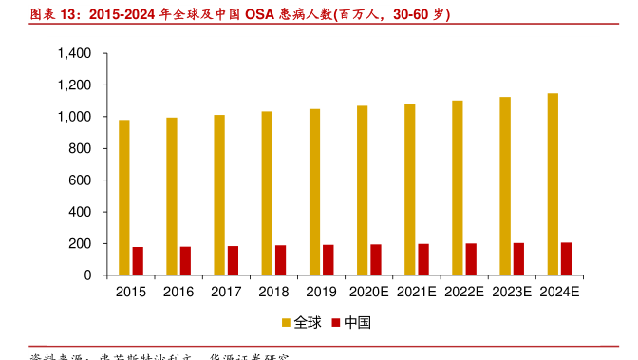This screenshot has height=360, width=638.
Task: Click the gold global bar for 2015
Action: (x=124, y=198)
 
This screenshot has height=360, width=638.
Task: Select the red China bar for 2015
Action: (x=138, y=261)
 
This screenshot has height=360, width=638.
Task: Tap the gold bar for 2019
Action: (x=314, y=192)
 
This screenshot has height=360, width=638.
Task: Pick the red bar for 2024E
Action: (x=566, y=258)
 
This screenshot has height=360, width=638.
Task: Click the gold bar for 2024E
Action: (x=553, y=184)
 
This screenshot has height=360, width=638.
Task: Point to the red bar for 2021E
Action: (x=423, y=259)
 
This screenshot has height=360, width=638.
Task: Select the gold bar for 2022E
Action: (x=458, y=188)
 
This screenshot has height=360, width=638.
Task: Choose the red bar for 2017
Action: (x=233, y=260)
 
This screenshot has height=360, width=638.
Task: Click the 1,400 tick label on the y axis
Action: (x=74, y=54)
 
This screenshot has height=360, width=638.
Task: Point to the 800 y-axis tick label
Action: (x=80, y=149)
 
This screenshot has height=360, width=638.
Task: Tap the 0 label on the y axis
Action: (x=87, y=275)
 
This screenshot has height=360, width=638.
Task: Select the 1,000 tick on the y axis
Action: (x=74, y=117)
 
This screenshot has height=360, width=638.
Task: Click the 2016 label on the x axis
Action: (x=178, y=293)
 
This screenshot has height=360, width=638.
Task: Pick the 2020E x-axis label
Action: (x=368, y=293)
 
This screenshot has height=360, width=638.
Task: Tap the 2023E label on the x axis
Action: (x=511, y=293)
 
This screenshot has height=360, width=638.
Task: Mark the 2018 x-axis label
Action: (x=273, y=293)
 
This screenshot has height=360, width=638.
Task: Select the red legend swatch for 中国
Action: (x=335, y=323)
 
